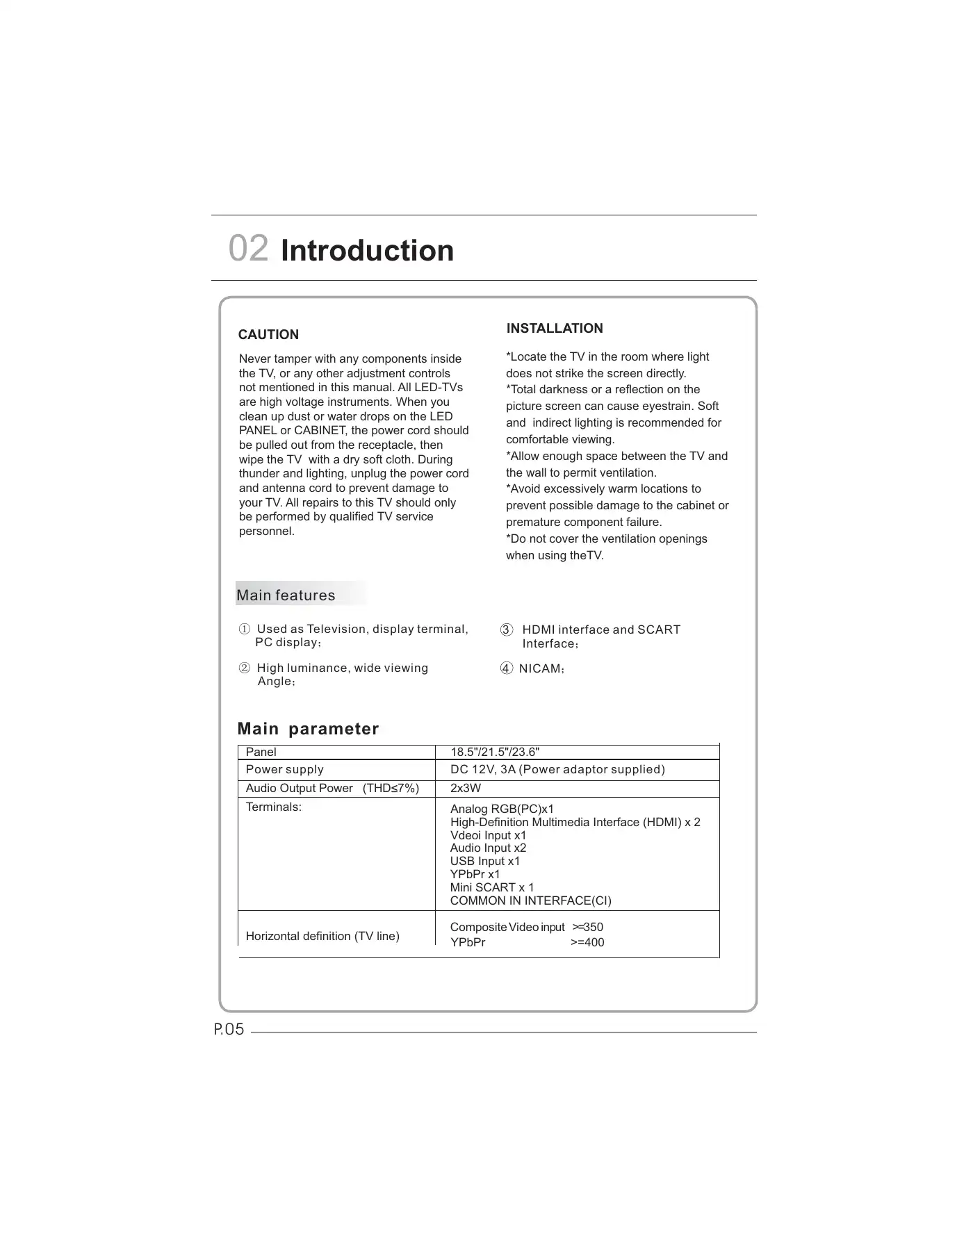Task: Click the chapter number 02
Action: click(248, 249)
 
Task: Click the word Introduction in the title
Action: click(367, 251)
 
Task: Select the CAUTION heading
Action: click(268, 335)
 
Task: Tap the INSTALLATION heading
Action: click(555, 329)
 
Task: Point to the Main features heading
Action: click(286, 595)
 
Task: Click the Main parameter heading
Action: click(308, 729)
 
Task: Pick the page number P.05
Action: click(229, 1030)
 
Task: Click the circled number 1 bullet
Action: click(245, 629)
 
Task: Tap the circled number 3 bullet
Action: click(507, 630)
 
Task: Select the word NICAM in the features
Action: click(540, 669)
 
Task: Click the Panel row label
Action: click(261, 752)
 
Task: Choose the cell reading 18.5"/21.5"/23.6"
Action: click(495, 752)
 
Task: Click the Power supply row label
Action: click(285, 770)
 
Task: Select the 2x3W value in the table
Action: click(466, 789)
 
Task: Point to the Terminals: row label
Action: click(274, 807)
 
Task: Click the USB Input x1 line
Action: click(485, 862)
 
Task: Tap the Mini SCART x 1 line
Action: click(492, 888)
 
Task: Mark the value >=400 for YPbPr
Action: click(587, 943)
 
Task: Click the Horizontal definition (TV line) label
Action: click(322, 937)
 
